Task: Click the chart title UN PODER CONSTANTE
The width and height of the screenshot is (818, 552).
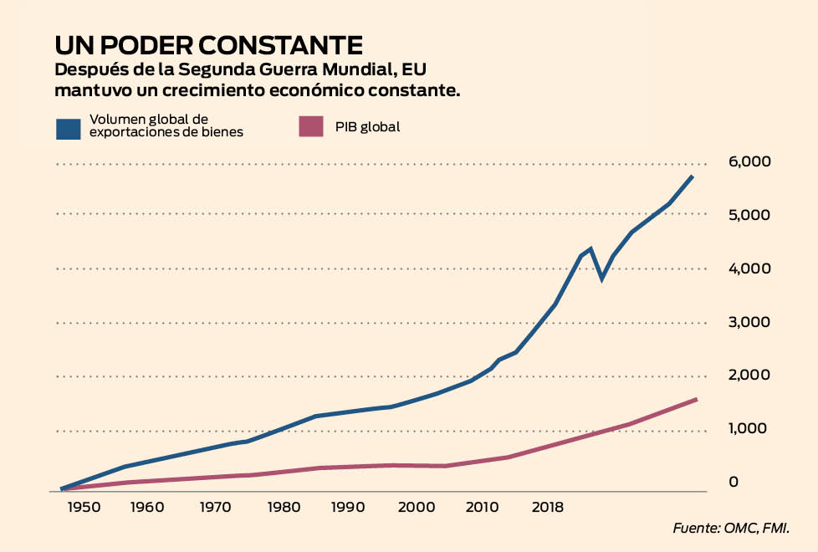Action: point(208,45)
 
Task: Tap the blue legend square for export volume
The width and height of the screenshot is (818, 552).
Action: point(68,128)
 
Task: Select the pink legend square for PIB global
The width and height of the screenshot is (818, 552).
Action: point(311,126)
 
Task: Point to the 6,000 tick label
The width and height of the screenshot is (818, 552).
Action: point(750,161)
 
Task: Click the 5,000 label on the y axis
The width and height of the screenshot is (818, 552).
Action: point(750,215)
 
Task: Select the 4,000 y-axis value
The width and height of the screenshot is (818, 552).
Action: point(750,268)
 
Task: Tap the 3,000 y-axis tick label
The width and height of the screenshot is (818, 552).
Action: point(750,322)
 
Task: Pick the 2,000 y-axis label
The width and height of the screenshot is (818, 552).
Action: point(750,376)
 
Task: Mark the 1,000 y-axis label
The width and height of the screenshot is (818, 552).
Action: point(750,429)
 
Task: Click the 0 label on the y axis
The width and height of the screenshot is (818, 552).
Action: point(734,482)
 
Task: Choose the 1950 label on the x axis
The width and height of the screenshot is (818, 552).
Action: point(85,507)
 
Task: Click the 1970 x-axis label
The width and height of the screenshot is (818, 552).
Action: point(215,507)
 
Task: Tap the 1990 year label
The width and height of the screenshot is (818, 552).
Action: point(348,507)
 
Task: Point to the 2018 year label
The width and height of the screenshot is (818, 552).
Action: point(547,507)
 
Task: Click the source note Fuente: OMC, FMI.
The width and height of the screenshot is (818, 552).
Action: point(731,529)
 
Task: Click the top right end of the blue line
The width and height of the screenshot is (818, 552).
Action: point(693,176)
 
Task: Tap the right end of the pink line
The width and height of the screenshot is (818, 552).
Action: point(697,399)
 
